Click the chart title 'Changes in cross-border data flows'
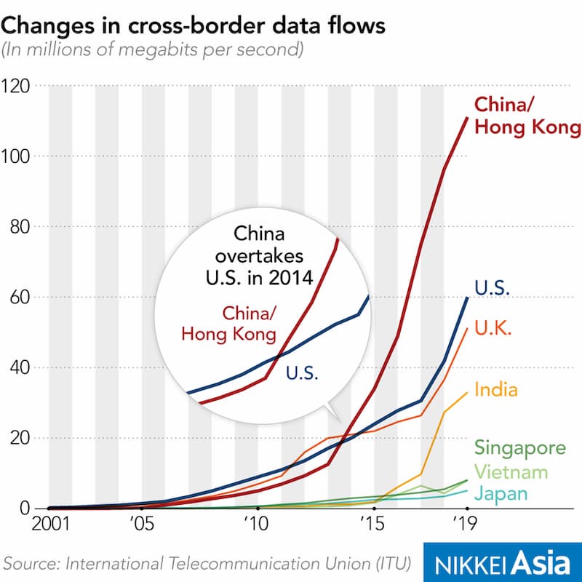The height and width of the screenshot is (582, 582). pyautogui.click(x=193, y=26)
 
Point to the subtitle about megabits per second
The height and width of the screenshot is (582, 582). pyautogui.click(x=153, y=49)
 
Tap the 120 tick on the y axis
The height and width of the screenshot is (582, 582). pyautogui.click(x=15, y=86)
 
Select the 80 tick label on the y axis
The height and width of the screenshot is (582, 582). pyautogui.click(x=20, y=226)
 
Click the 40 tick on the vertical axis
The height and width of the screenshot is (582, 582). pyautogui.click(x=20, y=367)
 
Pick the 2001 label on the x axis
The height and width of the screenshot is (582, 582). pyautogui.click(x=51, y=524)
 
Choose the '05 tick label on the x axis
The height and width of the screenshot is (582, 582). pyautogui.click(x=142, y=524)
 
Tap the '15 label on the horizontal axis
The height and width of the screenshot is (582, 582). pyautogui.click(x=372, y=524)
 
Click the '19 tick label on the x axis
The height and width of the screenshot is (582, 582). pyautogui.click(x=465, y=524)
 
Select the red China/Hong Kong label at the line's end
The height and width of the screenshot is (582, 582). pyautogui.click(x=527, y=116)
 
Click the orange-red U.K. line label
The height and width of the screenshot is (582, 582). pyautogui.click(x=493, y=328)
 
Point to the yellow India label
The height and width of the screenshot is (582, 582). pyautogui.click(x=496, y=390)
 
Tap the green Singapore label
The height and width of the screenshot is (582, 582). pyautogui.click(x=520, y=448)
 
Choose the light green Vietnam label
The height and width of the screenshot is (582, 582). pyautogui.click(x=511, y=472)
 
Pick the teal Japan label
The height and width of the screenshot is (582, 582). pyautogui.click(x=501, y=494)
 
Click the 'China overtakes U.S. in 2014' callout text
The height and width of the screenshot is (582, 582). pyautogui.click(x=260, y=256)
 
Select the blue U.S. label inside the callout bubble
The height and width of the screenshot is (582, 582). pyautogui.click(x=302, y=372)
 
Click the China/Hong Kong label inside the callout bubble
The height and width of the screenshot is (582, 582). pyautogui.click(x=229, y=324)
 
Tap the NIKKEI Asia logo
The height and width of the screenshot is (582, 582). pyautogui.click(x=503, y=562)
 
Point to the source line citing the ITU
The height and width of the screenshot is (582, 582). pyautogui.click(x=207, y=563)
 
